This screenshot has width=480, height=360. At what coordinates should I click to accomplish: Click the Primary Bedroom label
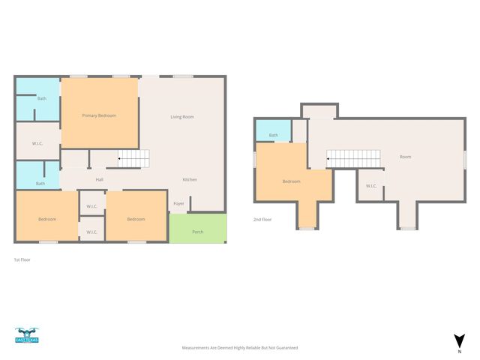99,115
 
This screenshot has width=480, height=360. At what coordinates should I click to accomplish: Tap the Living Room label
182,117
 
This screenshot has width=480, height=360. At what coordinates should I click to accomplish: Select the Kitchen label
190,179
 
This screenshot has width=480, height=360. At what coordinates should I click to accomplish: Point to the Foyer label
178,203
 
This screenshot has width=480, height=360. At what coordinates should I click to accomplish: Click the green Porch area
198,228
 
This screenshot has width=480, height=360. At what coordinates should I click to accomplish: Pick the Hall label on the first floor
100,180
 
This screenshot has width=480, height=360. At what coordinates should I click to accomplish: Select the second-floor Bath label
273,135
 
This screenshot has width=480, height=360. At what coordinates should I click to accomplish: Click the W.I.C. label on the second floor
371,186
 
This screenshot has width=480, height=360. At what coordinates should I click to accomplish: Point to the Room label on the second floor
405,157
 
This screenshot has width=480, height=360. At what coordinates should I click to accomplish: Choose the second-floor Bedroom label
292,181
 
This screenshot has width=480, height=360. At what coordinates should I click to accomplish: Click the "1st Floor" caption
22,259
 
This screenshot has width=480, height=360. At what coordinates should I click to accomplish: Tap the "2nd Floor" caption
262,220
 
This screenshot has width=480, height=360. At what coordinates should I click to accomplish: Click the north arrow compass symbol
459,341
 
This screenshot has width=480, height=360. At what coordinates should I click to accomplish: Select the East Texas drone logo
27,335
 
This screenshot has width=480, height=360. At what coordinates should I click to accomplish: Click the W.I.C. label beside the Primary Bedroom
37,143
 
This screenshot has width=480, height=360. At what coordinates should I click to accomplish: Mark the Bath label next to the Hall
40,183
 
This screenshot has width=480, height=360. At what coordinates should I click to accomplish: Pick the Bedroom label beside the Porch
136,219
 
